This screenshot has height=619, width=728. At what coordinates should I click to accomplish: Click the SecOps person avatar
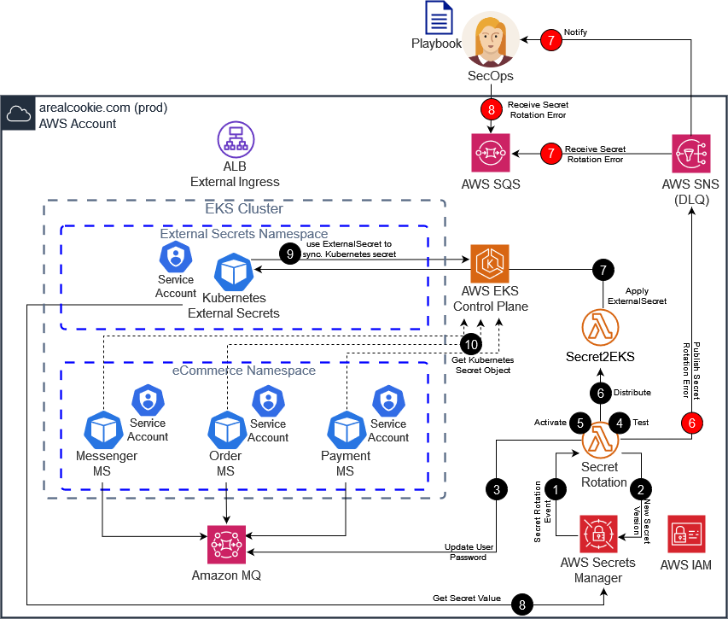[491, 39]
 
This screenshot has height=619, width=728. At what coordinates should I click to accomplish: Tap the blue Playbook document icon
[440, 18]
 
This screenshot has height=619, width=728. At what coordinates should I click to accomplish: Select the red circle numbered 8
[491, 109]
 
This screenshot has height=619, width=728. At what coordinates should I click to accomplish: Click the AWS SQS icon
[491, 154]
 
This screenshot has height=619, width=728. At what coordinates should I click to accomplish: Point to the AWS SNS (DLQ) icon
[691, 154]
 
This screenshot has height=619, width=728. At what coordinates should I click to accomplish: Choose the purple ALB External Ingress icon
[235, 139]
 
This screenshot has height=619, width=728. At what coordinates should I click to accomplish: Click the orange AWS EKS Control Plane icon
[490, 264]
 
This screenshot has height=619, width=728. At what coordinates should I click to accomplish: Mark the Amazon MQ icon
[227, 545]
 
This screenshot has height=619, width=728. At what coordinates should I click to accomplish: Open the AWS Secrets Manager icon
[598, 534]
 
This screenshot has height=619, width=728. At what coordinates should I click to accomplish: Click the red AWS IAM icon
[686, 534]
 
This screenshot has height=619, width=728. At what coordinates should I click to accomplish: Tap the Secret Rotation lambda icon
[600, 440]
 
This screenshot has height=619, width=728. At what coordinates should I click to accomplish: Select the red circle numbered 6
[692, 422]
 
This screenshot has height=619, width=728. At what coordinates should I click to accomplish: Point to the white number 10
[471, 345]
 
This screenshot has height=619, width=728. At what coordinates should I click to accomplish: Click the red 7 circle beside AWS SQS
[551, 154]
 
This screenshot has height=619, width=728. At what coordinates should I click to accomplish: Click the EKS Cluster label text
[244, 208]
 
